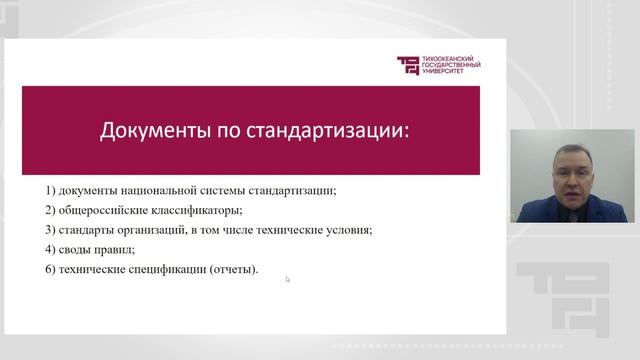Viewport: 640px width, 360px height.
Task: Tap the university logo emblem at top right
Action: (x=410, y=65)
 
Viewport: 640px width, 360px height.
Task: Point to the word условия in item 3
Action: (x=349, y=229)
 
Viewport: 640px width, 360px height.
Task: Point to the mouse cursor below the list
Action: (x=287, y=279)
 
